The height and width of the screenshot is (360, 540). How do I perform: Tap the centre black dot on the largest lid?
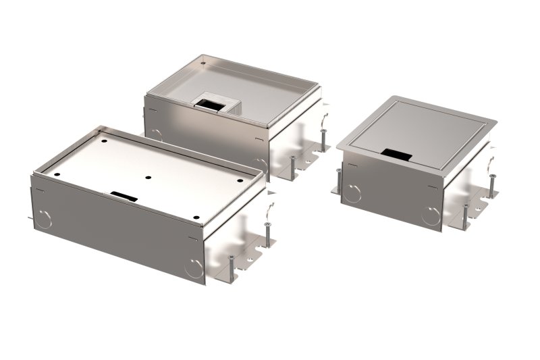pos(148,179)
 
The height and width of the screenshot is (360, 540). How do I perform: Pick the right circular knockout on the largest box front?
pos(194,268)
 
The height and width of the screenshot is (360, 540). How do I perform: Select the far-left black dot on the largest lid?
pos(56,173)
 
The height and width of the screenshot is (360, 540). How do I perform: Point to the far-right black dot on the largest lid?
pos(242,182)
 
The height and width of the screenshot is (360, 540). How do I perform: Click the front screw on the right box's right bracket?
pos(465,214)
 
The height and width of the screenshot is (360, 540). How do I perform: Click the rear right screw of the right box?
pos(491,186)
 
